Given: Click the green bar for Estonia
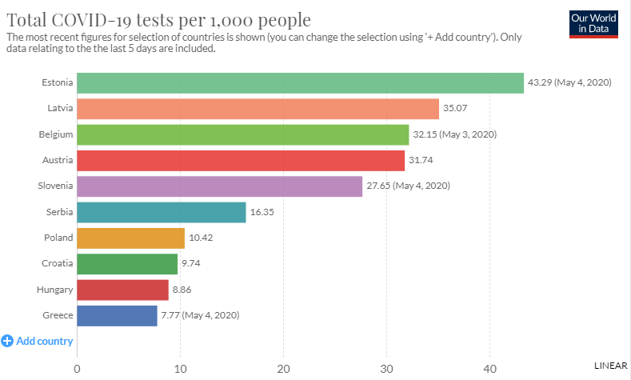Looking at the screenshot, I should click(300, 82).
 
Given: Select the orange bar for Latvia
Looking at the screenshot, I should click(258, 109).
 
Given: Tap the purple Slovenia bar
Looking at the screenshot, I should click(219, 186).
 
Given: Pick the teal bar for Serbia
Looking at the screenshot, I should click(162, 212).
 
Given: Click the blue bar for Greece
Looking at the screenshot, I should click(117, 315).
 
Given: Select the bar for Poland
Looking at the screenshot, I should click(130, 238).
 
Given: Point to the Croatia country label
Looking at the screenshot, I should click(58, 263).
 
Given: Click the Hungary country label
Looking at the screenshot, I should click(55, 290).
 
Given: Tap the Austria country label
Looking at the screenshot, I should click(58, 160).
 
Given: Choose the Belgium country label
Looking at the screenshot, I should click(56, 134).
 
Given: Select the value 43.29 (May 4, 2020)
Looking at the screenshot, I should click(569, 82).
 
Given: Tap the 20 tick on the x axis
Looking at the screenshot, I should click(283, 369).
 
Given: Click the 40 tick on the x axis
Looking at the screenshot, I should click(489, 369).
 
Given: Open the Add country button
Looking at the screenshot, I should click(38, 341).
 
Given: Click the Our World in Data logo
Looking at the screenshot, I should click(594, 23).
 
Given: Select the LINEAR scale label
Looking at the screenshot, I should click(610, 365).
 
